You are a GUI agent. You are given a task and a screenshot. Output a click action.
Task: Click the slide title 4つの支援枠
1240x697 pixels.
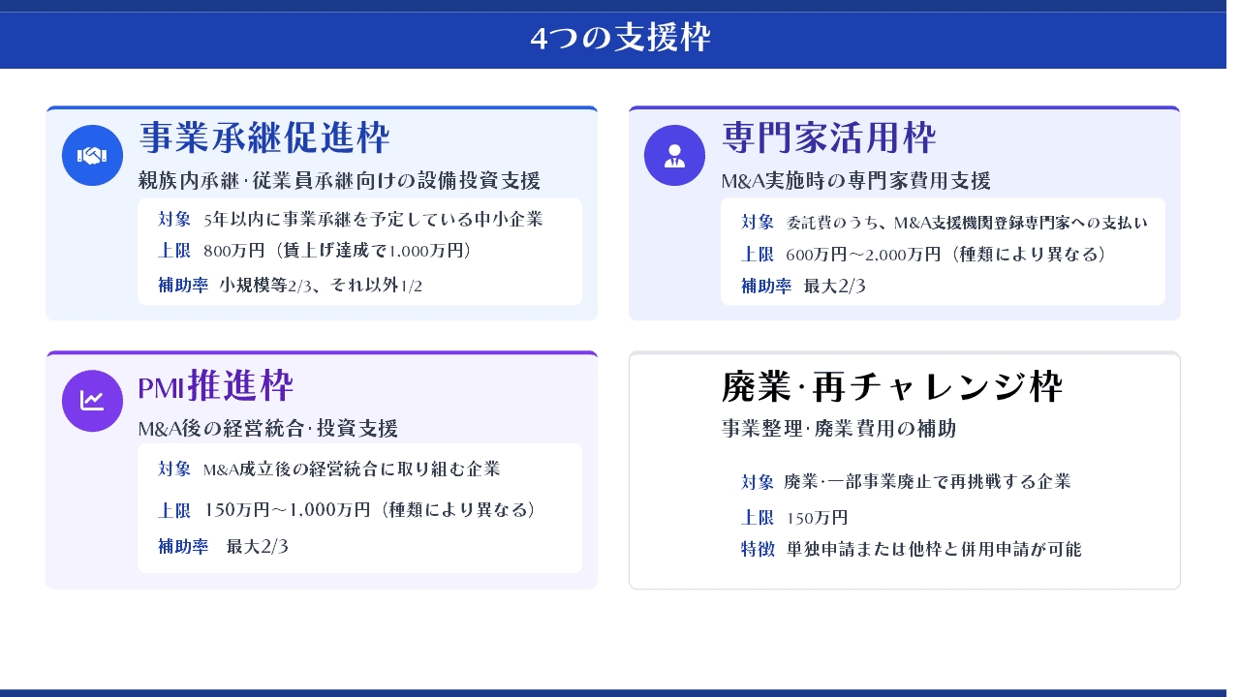point(620,38)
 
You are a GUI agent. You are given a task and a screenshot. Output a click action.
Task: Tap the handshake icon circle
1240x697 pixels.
point(92,156)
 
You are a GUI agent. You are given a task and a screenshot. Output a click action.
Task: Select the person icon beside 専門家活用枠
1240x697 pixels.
point(674,156)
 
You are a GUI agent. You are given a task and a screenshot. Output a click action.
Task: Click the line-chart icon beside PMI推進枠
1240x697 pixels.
point(92,401)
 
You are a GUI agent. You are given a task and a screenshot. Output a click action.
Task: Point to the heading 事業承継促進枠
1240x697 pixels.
point(264,137)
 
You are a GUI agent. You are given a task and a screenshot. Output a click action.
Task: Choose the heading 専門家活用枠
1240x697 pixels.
point(828,137)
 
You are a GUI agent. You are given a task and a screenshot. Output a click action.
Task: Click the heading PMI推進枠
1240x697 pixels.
point(215,385)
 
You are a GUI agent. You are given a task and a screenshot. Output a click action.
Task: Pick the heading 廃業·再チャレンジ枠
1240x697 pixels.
point(892,386)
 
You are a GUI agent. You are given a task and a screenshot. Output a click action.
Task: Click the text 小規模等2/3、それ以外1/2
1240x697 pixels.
point(321,285)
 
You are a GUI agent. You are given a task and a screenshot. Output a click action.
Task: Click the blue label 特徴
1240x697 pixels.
point(758,549)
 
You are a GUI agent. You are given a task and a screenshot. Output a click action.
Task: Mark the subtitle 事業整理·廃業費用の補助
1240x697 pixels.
point(839,428)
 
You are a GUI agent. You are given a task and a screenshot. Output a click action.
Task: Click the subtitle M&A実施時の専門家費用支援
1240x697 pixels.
point(855,180)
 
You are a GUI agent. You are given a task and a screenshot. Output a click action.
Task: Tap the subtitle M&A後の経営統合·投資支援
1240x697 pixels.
point(268,428)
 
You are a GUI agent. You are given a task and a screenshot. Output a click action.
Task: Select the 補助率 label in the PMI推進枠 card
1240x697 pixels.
point(183,546)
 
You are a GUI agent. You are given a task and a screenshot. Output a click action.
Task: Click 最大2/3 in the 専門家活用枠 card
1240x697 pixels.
point(834,286)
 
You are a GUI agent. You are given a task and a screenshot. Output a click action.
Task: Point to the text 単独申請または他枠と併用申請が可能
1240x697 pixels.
point(933,549)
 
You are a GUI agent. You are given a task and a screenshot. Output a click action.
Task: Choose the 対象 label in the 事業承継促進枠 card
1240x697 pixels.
point(173,219)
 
